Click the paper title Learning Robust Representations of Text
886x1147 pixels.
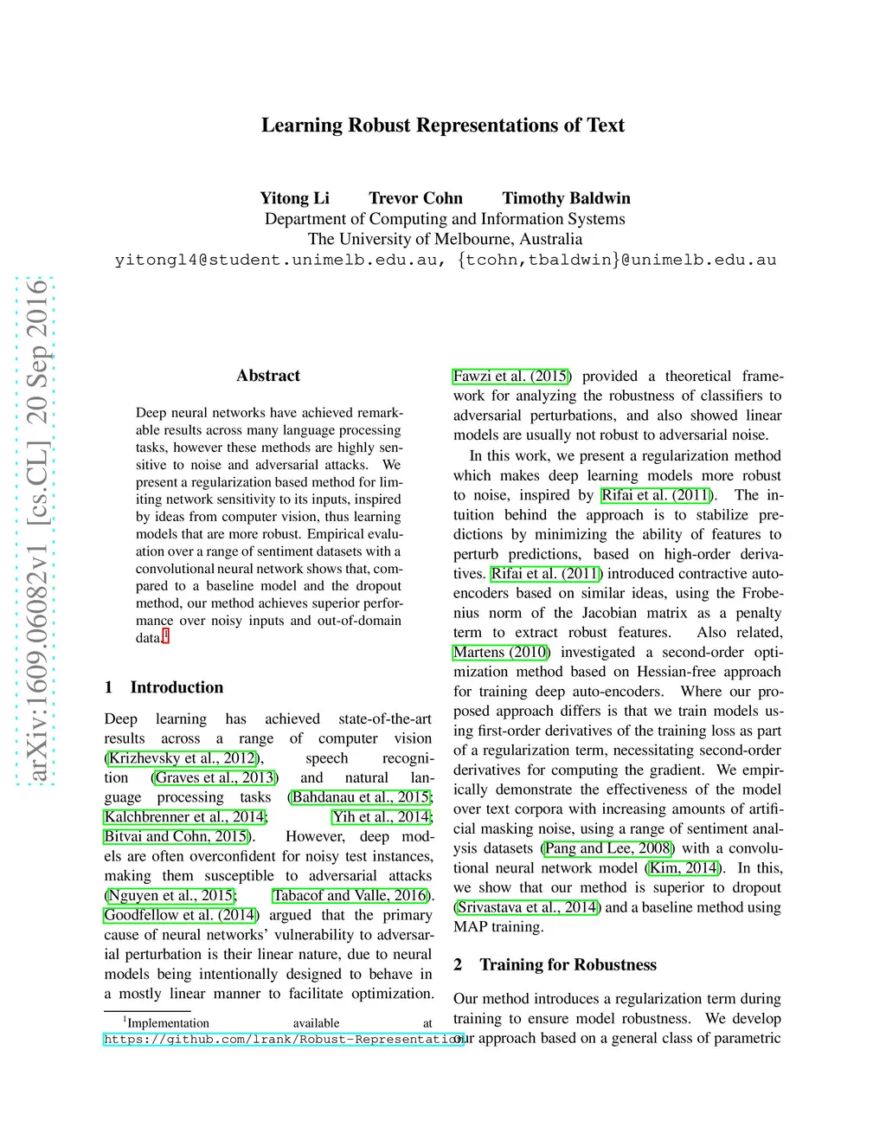[x=442, y=126]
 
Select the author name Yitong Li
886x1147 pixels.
[x=294, y=198]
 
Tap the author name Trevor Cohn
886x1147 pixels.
[x=415, y=198]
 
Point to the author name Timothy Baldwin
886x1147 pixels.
[x=566, y=198]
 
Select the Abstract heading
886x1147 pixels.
[x=268, y=376]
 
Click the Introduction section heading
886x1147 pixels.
[x=177, y=687]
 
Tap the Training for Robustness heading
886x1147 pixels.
[x=568, y=964]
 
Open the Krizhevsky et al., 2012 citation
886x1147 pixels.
[x=183, y=758]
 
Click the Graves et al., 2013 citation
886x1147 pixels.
[x=215, y=777]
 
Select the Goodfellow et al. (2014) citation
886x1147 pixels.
[x=181, y=915]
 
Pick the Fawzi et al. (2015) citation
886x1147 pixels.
[x=511, y=377]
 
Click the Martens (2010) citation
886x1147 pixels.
[x=501, y=652]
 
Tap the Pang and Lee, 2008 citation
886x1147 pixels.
[x=607, y=848]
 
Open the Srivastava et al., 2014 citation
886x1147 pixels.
[x=527, y=907]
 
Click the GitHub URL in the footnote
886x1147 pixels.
[x=283, y=1039]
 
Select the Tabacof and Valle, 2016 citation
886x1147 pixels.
[x=350, y=895]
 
